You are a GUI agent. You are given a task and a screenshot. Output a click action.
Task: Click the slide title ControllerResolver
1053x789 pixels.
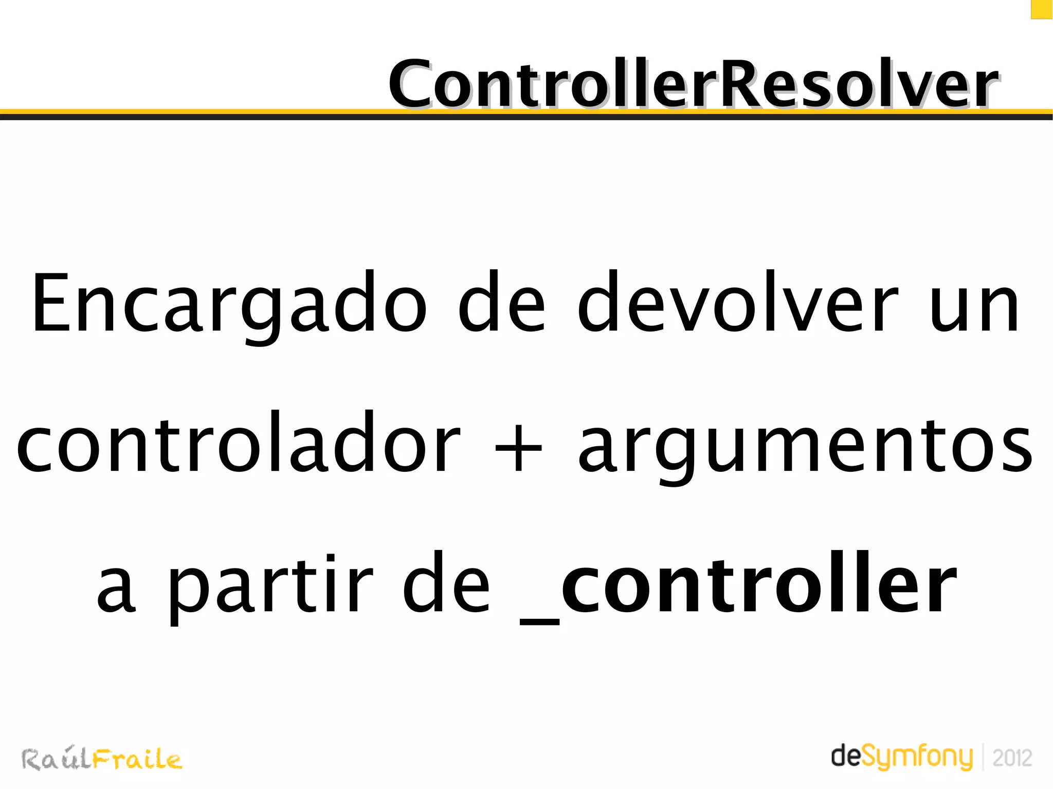(x=693, y=84)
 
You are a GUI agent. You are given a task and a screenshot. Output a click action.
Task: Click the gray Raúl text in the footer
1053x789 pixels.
(x=56, y=759)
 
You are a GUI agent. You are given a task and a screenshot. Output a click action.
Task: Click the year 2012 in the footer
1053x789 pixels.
(x=1012, y=758)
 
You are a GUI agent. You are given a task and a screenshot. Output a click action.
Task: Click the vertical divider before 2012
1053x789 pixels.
(x=983, y=757)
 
